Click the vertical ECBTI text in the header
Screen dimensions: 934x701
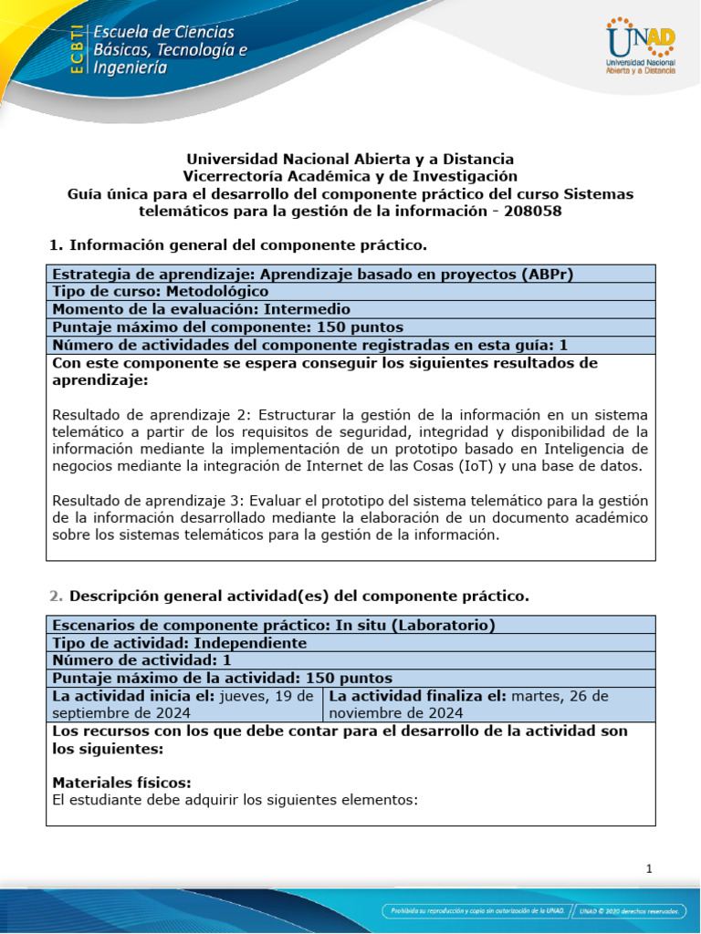(78, 49)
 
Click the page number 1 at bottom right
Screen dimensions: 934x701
(648, 869)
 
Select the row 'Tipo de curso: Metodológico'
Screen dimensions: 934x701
(161, 291)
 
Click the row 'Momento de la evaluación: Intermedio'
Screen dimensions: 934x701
(201, 309)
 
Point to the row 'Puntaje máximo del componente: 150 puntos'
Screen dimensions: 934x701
(227, 327)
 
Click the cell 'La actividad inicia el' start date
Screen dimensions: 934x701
(183, 704)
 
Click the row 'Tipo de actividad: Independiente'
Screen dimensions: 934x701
(179, 642)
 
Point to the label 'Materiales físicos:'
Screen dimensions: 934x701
(121, 783)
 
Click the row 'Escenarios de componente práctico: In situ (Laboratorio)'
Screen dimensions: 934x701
(274, 625)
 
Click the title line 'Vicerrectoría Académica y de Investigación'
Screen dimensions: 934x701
(350, 176)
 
